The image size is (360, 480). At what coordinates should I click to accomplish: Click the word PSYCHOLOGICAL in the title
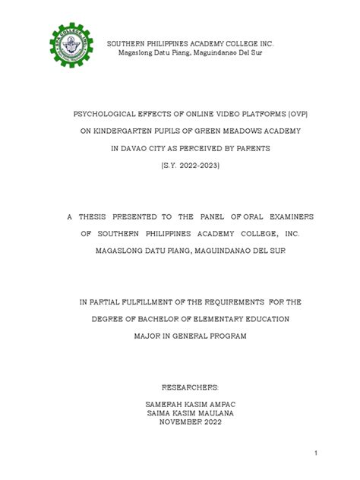coord(96,112)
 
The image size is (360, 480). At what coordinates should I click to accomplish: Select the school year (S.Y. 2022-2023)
coord(180,170)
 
